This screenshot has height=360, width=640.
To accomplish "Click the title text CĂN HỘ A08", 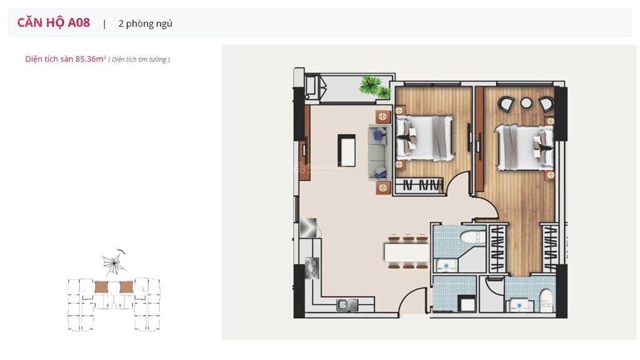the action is click(54, 22).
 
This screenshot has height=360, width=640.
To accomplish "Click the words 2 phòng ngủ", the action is click(145, 24).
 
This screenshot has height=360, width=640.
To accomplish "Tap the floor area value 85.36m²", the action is click(91, 59).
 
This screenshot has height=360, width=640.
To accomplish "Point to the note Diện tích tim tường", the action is click(139, 59).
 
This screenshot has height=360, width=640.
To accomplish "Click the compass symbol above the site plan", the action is click(114, 262).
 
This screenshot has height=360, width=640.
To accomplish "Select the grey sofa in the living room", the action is click(379, 152).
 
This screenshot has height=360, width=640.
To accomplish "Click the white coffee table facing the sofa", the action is click(346, 150).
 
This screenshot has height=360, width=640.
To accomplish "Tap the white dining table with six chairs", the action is click(406, 252).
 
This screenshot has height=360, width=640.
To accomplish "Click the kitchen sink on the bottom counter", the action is click(347, 304).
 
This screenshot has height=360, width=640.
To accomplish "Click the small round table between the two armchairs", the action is click(526, 103).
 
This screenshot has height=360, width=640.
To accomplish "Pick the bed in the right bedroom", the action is click(524, 147).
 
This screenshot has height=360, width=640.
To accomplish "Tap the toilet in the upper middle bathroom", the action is click(473, 237).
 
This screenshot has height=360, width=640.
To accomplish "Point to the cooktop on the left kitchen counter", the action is click(312, 267).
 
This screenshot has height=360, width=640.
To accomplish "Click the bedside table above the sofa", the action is click(383, 117).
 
